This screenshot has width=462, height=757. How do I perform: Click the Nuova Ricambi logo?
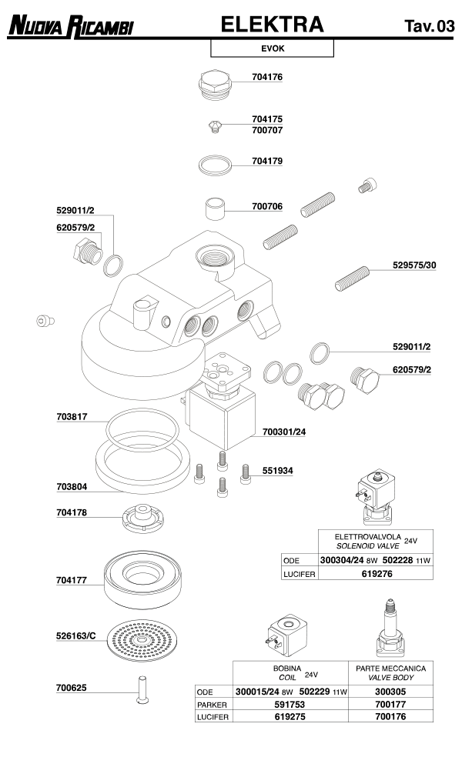[70, 28]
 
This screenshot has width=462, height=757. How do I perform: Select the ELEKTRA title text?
[272, 25]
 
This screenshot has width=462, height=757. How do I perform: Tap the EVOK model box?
[272, 48]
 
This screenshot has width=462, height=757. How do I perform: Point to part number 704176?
[267, 77]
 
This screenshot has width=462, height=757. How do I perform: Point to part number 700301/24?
[284, 432]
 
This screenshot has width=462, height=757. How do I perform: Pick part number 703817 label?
[72, 417]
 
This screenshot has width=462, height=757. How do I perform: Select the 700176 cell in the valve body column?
[390, 716]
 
